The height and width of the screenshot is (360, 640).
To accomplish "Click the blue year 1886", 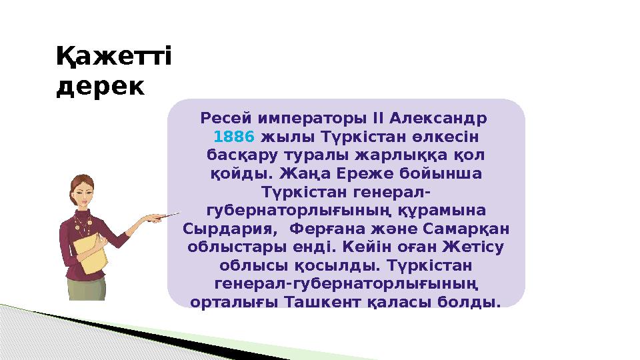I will tap(234, 137).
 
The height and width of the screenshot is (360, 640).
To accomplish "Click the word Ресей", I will tap(223, 119).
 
